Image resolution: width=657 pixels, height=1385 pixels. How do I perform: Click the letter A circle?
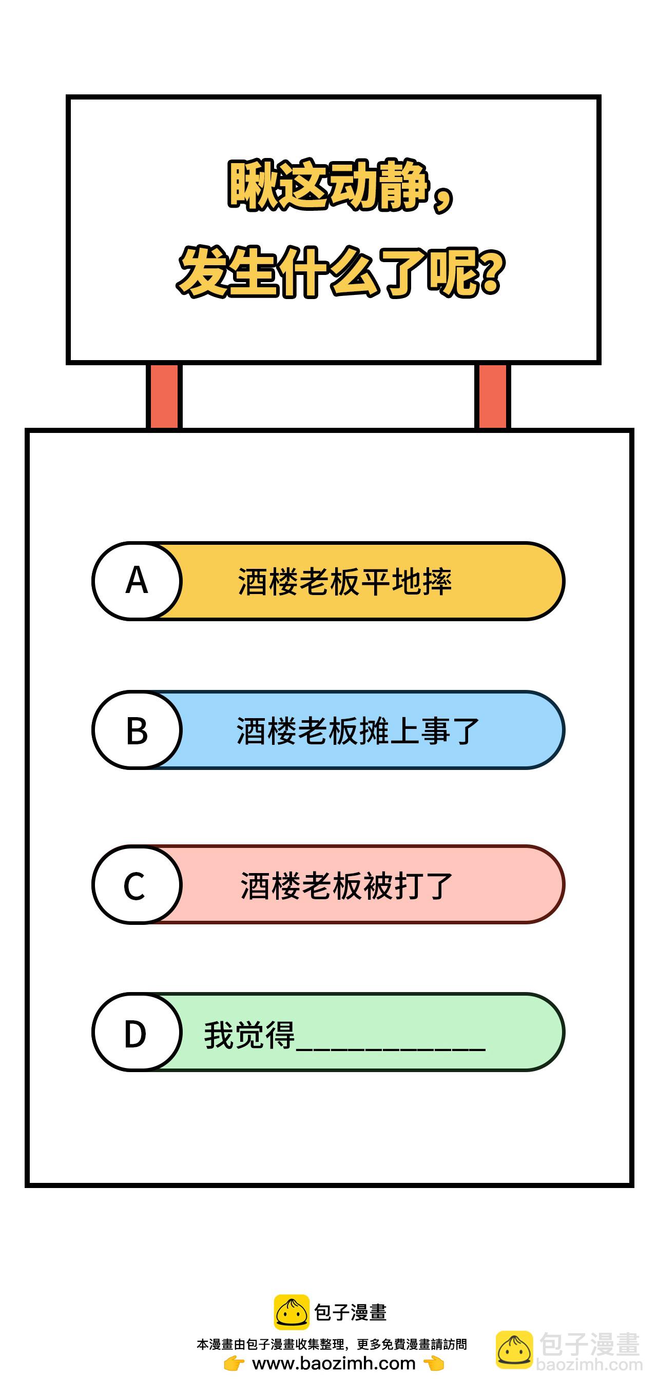coord(137,581)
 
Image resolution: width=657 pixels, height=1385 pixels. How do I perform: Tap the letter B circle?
coord(137,729)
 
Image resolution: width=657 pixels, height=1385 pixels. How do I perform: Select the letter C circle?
coord(137,884)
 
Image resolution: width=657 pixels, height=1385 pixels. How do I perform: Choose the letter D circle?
coord(137,1032)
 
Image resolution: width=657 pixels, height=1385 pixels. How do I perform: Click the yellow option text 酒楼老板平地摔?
coord(344,582)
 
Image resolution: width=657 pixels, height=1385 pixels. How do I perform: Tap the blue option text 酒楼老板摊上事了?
coord(357,731)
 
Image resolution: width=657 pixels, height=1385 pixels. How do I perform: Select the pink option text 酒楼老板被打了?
coord(346,885)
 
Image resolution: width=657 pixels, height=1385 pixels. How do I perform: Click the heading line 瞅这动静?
coord(341,186)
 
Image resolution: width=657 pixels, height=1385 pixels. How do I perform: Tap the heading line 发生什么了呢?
coord(341,272)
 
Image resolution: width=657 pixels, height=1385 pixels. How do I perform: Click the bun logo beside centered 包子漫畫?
coord(292,1312)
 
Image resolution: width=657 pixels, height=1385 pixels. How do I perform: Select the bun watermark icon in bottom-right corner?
coord(514,1350)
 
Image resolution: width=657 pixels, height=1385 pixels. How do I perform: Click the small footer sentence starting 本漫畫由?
coord(332,1344)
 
